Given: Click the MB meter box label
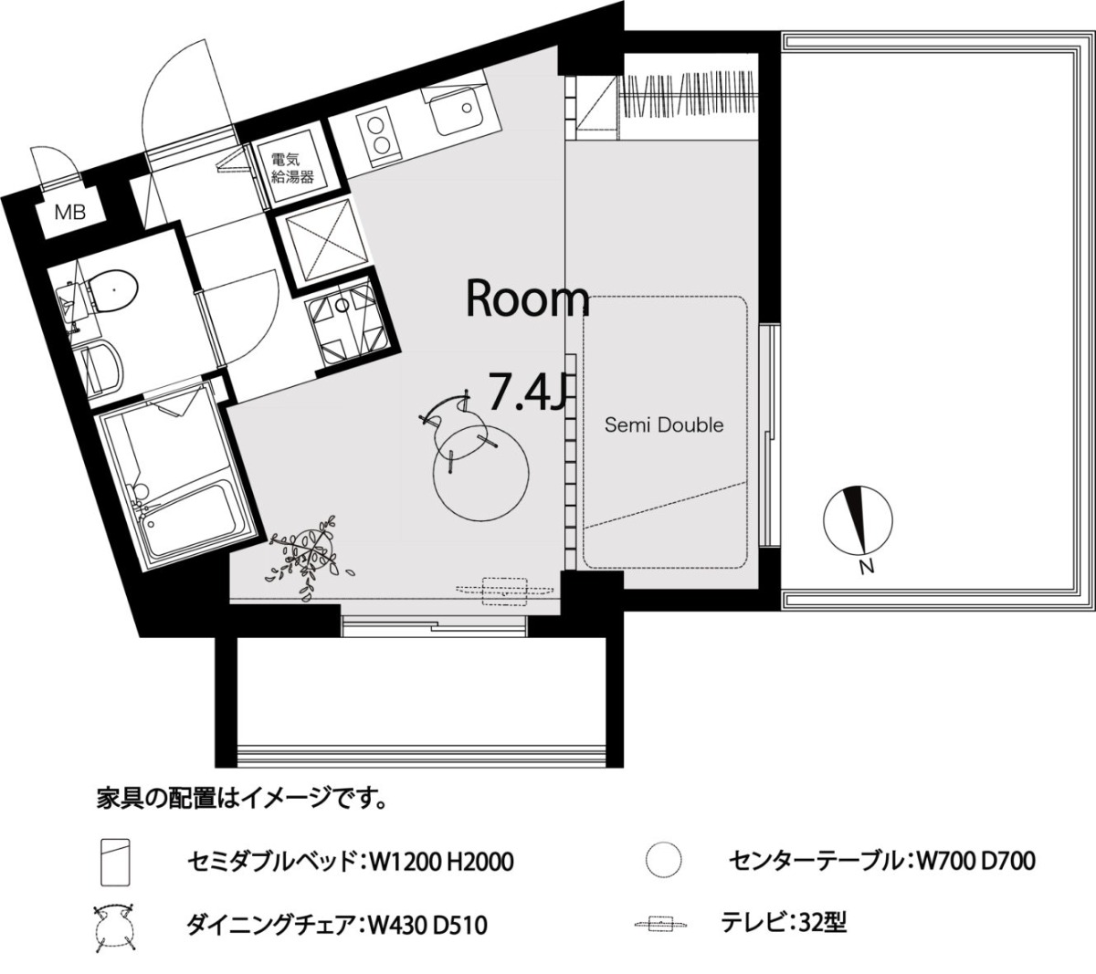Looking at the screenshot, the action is click(70, 213).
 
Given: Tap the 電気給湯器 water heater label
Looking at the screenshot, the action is click(292, 168).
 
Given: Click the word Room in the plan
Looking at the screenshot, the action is click(527, 298).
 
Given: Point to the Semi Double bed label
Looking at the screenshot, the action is click(664, 425).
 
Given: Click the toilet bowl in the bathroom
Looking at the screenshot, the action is click(112, 291).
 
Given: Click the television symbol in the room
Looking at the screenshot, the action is click(505, 591).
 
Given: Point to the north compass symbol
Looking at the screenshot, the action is click(858, 520).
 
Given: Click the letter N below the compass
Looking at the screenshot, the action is click(867, 567).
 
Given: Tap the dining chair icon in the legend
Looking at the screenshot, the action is click(115, 928).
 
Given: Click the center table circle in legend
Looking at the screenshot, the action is click(663, 859).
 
